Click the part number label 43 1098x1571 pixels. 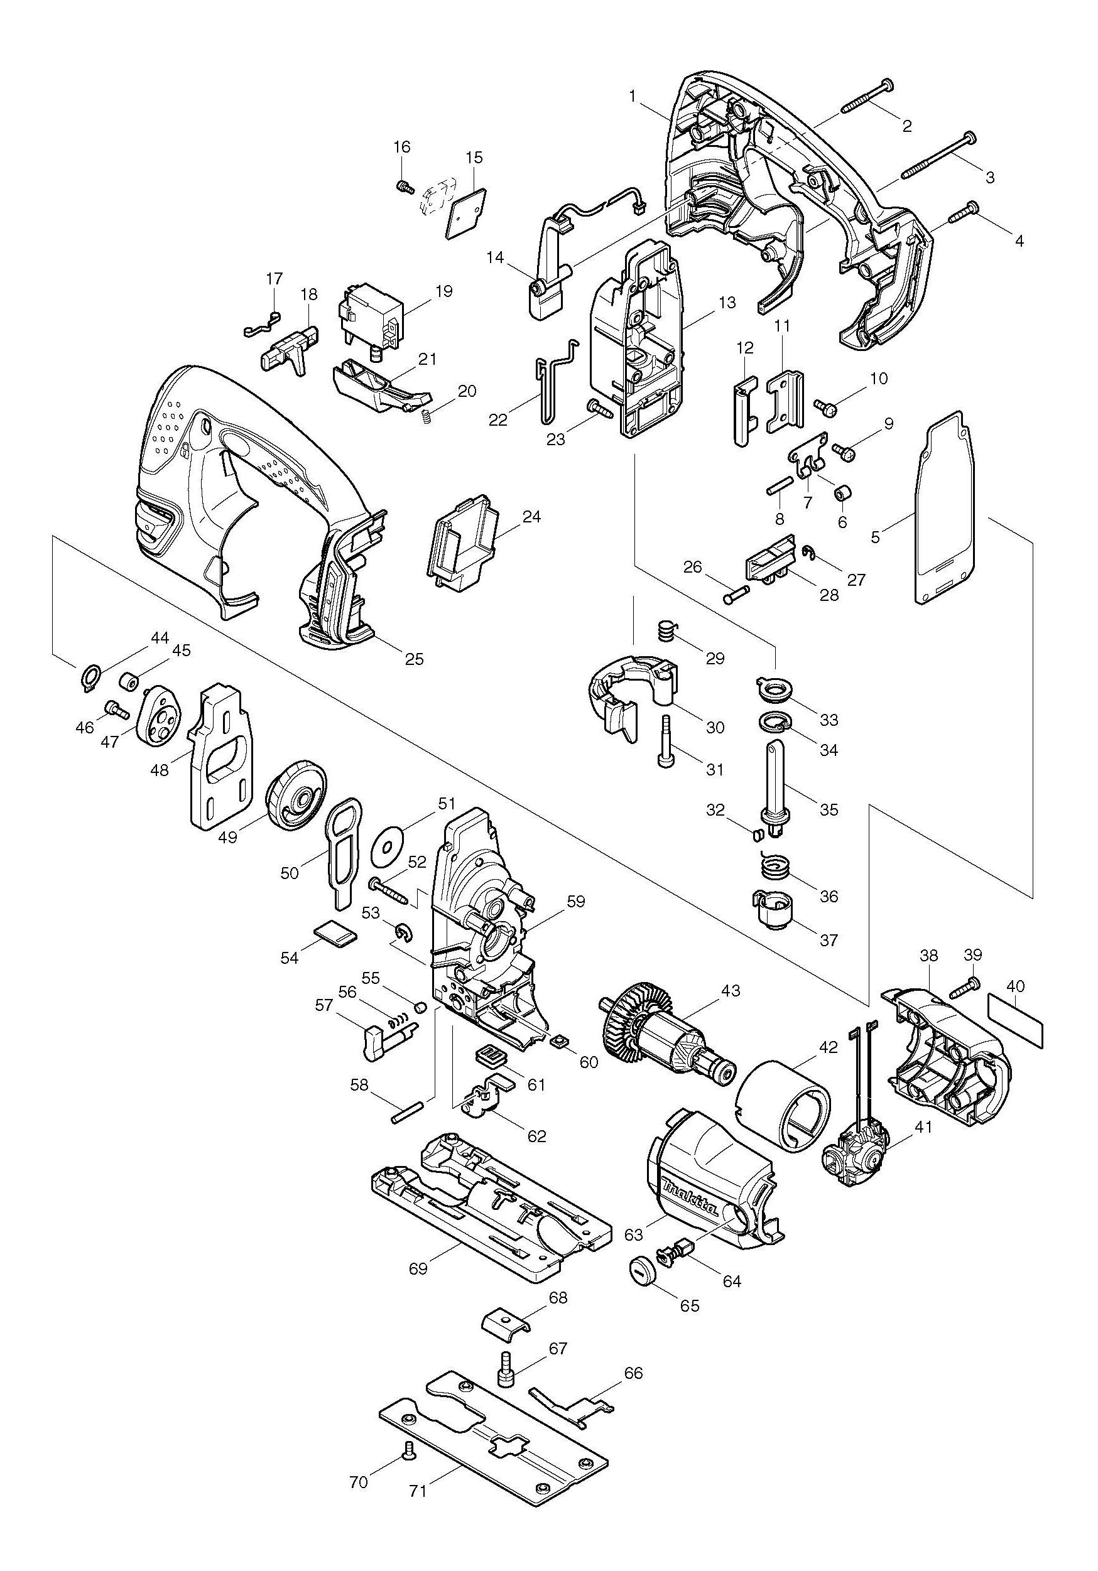pos(731,990)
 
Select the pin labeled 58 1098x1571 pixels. pos(410,1111)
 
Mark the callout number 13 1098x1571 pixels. pos(727,302)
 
